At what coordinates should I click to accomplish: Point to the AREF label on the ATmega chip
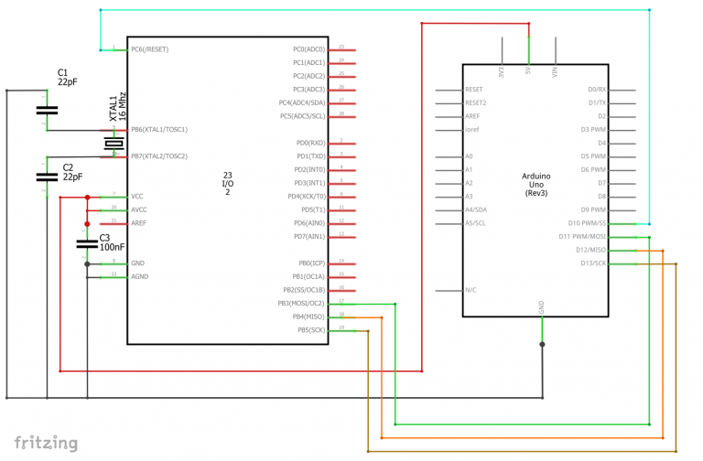pyautogui.click(x=139, y=223)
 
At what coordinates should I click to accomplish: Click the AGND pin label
pyautogui.click(x=139, y=276)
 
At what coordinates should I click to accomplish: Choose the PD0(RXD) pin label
pyautogui.click(x=310, y=143)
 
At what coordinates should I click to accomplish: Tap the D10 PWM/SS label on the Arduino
pyautogui.click(x=588, y=223)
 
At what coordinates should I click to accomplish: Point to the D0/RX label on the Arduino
pyautogui.click(x=597, y=90)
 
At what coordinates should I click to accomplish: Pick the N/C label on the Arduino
pyautogui.click(x=471, y=290)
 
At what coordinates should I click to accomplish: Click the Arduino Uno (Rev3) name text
pyautogui.click(x=535, y=184)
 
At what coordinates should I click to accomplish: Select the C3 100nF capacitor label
pyautogui.click(x=111, y=242)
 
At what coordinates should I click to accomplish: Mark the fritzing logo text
pyautogui.click(x=46, y=444)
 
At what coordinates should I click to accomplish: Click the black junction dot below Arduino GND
pyautogui.click(x=542, y=344)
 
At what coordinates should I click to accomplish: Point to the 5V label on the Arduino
pyautogui.click(x=528, y=70)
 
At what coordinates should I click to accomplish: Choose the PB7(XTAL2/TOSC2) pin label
pyautogui.click(x=159, y=156)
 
